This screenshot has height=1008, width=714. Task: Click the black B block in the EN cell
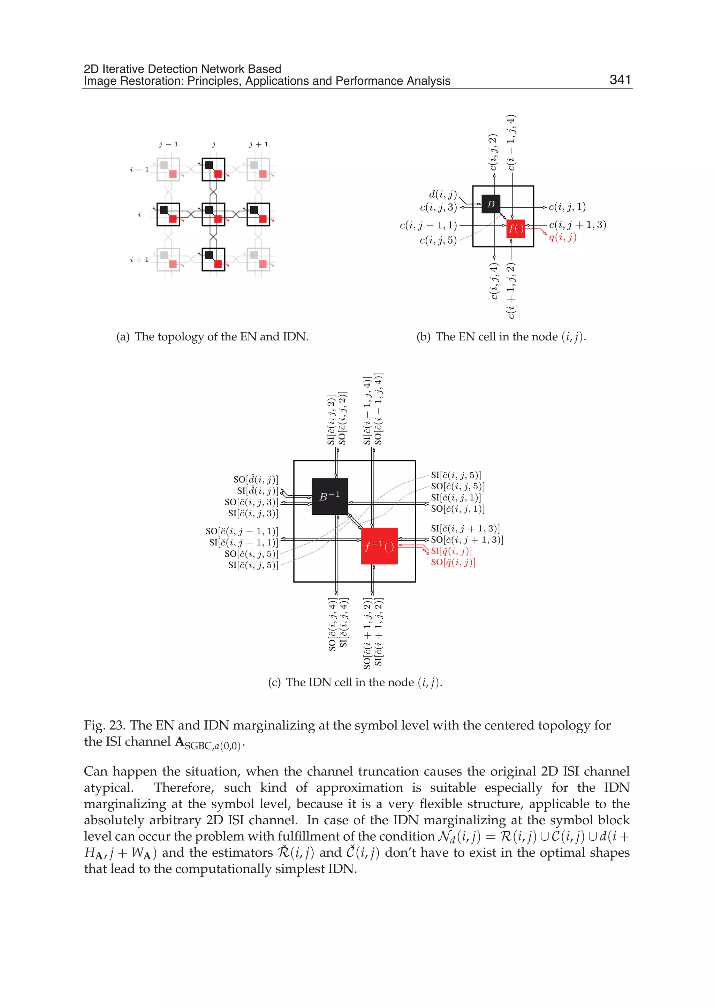491,204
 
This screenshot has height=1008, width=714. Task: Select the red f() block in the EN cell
516,229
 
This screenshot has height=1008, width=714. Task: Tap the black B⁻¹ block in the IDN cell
330,496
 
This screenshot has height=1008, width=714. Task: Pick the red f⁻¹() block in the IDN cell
379,546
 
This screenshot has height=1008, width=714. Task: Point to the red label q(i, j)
562,237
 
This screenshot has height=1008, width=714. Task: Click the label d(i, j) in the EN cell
443,194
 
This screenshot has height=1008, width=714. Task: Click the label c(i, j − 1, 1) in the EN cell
428,226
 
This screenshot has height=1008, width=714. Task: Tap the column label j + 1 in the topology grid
259,144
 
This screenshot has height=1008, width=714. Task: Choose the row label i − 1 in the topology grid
139,169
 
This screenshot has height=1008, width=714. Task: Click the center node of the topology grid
213,214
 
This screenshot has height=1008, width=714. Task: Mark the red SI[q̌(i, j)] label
451,551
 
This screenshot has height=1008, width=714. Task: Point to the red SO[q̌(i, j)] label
453,562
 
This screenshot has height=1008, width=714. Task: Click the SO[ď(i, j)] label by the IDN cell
256,479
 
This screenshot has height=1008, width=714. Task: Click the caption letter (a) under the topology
123,337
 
